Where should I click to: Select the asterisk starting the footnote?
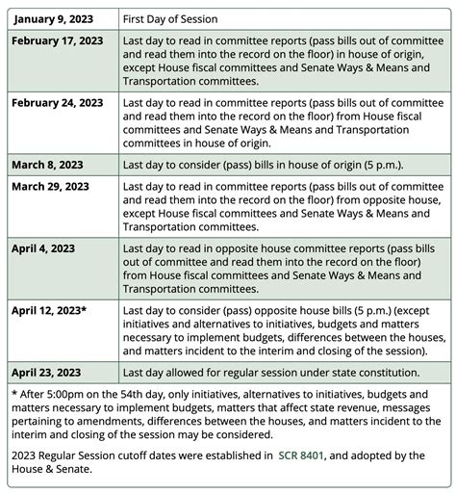(15, 395)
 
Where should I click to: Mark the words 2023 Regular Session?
(61, 455)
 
